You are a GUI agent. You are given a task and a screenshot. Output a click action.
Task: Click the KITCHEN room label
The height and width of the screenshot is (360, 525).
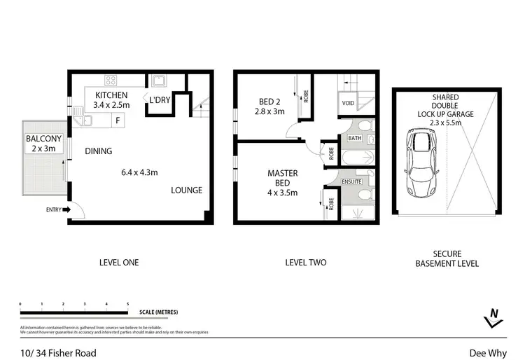point(111,95)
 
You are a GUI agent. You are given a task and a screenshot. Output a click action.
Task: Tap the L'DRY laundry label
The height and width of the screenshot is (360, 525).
point(159,100)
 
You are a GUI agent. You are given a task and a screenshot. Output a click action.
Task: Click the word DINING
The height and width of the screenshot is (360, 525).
point(99,151)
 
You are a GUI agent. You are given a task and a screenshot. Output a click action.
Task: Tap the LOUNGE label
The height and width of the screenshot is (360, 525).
point(187,190)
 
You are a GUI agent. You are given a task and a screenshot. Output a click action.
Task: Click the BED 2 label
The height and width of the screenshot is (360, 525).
point(269,101)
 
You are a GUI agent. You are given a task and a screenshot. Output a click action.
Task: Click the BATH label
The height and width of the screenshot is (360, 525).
point(355,139)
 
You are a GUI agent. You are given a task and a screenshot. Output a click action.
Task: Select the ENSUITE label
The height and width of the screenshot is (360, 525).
point(352,180)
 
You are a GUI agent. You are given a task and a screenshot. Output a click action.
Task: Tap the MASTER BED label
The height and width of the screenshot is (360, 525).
point(283,178)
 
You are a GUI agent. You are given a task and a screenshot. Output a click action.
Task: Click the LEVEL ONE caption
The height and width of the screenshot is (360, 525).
point(118,263)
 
